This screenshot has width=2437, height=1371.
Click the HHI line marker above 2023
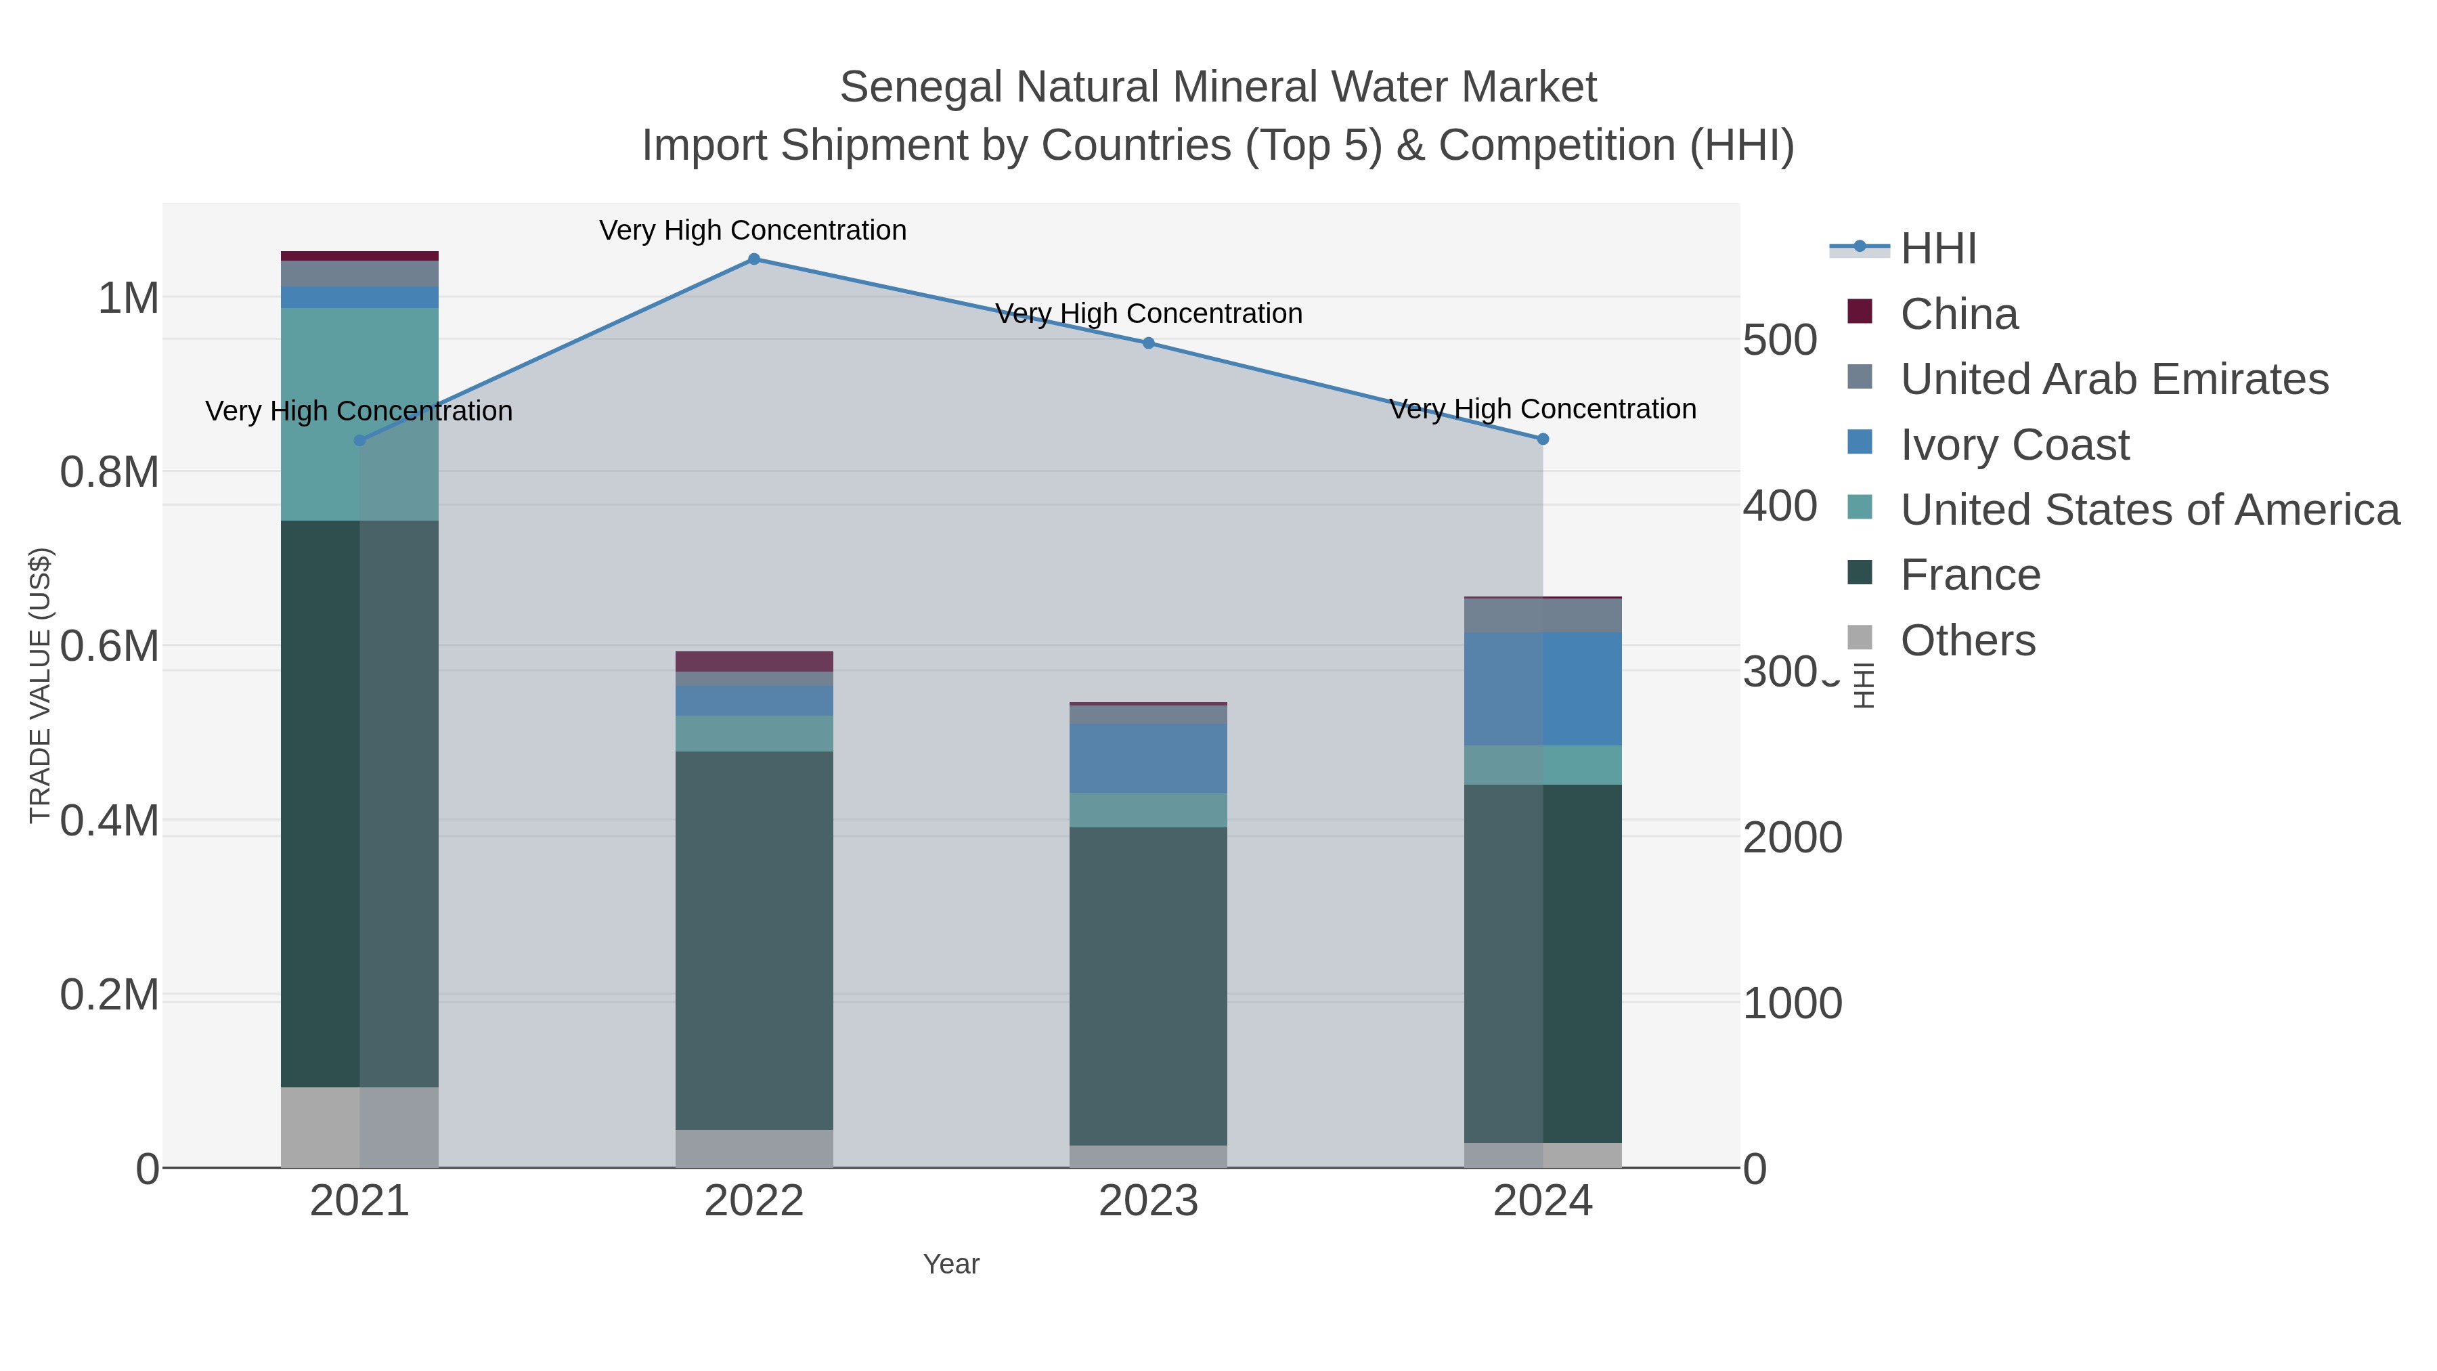click(1149, 343)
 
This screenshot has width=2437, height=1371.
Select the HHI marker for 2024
click(1543, 439)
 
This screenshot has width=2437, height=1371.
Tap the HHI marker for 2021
click(359, 441)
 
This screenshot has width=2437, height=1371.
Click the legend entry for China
click(1958, 314)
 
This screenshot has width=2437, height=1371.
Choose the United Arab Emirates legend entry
click(2113, 379)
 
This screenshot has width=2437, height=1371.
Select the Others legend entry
click(1968, 640)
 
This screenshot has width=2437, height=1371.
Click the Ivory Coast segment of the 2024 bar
click(1543, 688)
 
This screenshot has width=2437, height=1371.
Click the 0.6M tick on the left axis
click(109, 647)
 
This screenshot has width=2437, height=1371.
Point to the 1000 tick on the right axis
click(1792, 1004)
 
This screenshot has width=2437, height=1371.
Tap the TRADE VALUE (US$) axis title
click(41, 685)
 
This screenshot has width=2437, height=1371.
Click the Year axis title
click(951, 1264)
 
